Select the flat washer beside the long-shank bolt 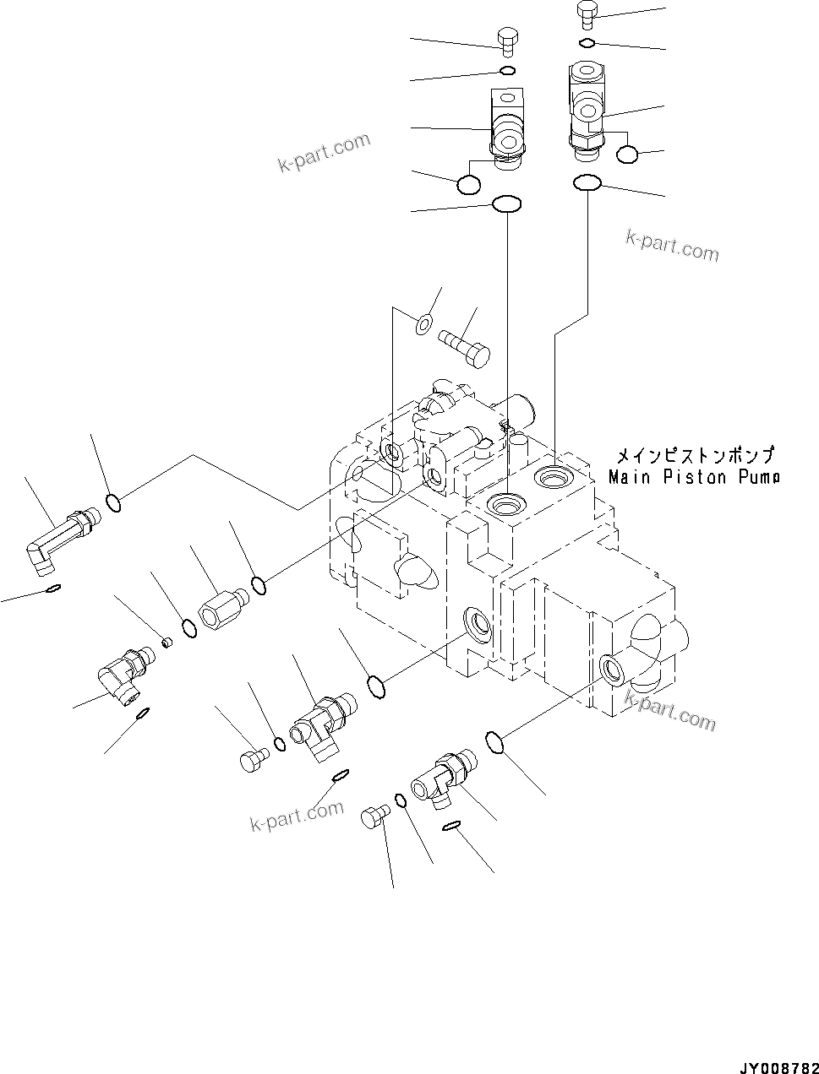[x=424, y=321]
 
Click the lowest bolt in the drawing [x=374, y=816]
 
